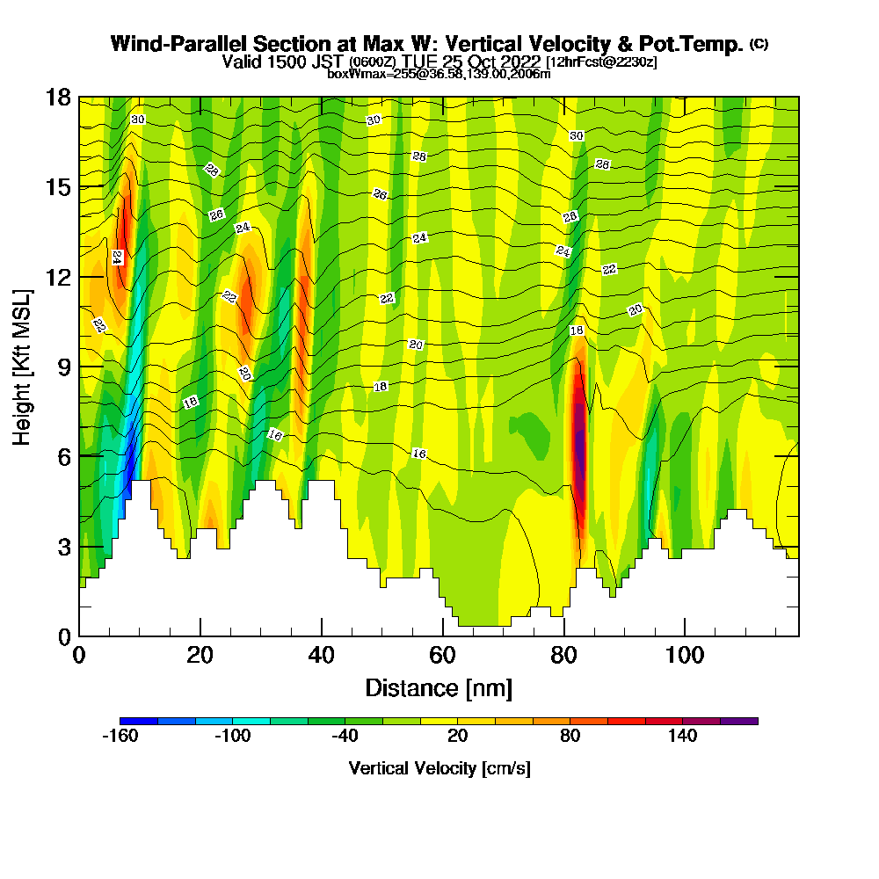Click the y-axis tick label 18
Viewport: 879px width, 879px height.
(x=57, y=98)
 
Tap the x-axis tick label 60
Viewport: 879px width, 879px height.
(x=442, y=655)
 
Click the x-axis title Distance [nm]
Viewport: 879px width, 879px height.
(x=439, y=687)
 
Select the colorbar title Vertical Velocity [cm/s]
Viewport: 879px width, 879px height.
(x=439, y=768)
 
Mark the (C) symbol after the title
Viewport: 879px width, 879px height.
(x=759, y=44)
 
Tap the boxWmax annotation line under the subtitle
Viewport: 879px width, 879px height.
(x=439, y=74)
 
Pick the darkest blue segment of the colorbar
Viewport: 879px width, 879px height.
(x=139, y=721)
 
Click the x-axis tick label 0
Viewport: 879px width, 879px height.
(x=79, y=655)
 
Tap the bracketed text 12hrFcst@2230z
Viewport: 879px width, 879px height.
(x=601, y=62)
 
